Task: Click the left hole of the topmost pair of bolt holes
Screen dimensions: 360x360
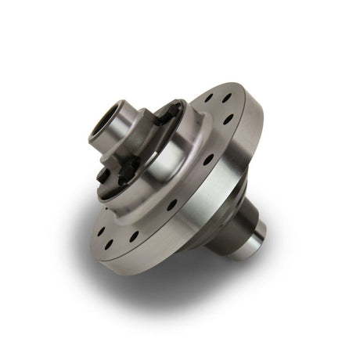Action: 209,99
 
